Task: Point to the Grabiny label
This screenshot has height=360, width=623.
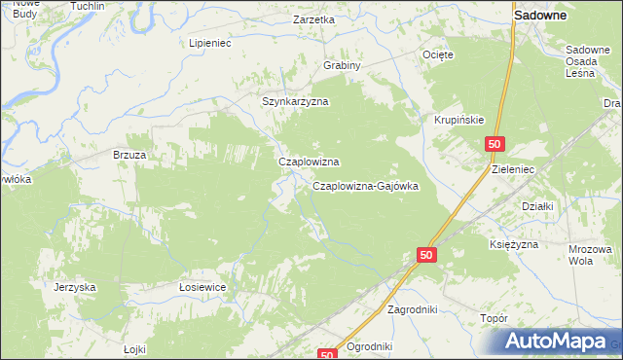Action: (343, 66)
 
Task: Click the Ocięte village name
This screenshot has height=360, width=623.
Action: (438, 55)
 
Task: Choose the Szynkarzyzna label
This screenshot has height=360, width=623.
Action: (296, 101)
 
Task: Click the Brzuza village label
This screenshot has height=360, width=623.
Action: (129, 155)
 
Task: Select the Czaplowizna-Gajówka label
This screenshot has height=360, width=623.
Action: (365, 186)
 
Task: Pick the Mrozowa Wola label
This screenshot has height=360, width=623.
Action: (589, 255)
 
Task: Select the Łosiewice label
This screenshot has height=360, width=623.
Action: (202, 287)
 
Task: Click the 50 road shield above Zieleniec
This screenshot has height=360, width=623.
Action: (495, 144)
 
